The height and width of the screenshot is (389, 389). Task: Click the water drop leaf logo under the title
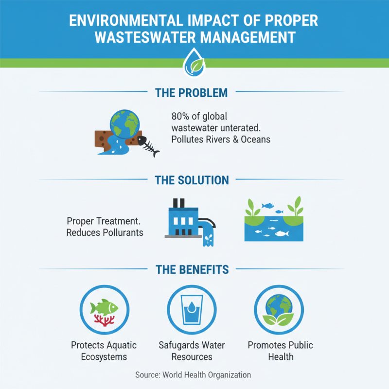pos(194,62)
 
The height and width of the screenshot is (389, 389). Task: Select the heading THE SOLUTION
pos(192,180)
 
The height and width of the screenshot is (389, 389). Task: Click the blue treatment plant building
pos(183,221)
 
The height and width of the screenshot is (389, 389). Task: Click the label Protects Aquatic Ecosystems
pos(104,351)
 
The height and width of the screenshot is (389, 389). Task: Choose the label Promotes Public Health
pos(280,351)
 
